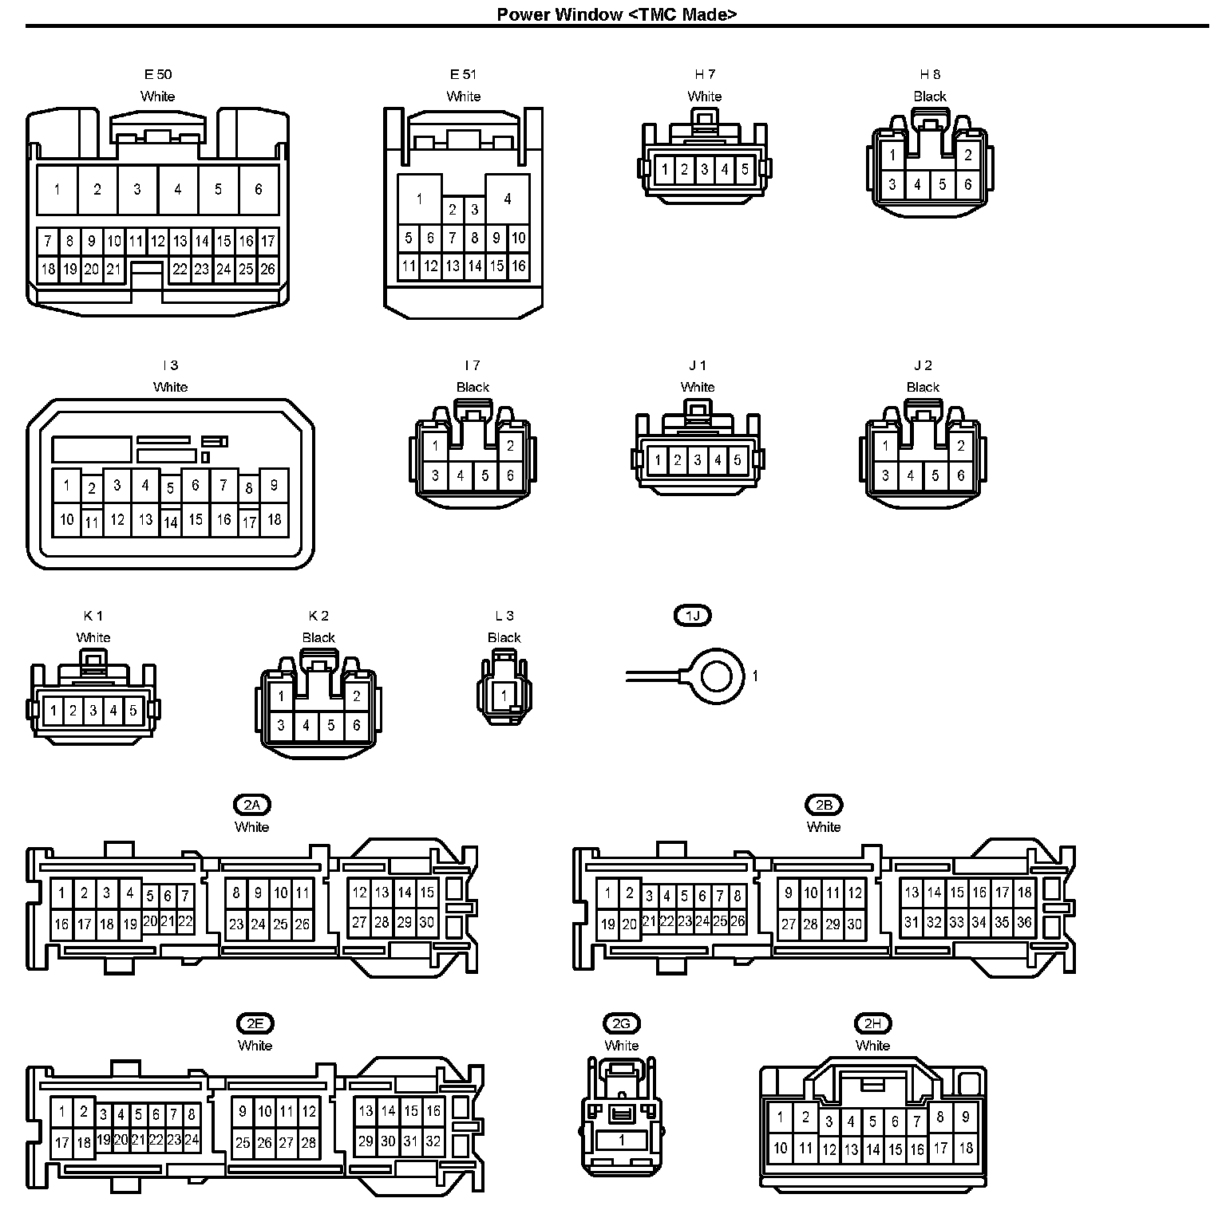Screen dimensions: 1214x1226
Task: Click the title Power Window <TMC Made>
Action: point(616,14)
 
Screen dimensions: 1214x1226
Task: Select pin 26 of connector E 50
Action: point(267,269)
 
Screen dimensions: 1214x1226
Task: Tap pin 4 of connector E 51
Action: point(508,199)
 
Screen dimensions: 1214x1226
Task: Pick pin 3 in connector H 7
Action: point(704,169)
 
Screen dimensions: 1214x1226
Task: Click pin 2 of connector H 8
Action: point(967,156)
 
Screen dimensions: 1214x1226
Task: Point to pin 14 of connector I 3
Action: point(170,523)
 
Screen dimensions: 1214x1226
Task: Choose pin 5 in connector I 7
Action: point(485,476)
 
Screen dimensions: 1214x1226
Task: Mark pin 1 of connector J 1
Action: point(657,460)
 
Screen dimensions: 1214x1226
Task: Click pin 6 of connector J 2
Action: point(960,476)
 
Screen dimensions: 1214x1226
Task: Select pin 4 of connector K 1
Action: point(113,711)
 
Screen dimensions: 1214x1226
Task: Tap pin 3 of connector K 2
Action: point(281,726)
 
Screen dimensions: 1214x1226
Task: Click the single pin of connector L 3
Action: point(504,696)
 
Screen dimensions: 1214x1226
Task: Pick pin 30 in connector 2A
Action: point(426,923)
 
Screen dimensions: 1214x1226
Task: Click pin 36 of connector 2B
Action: point(1024,923)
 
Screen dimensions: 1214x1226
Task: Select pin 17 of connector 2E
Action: point(61,1142)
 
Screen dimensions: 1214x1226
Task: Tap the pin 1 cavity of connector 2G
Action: point(621,1141)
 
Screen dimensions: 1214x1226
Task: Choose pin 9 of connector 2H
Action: point(965,1117)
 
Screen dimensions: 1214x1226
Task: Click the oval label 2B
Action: point(824,805)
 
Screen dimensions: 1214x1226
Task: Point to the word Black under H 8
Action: point(930,97)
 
